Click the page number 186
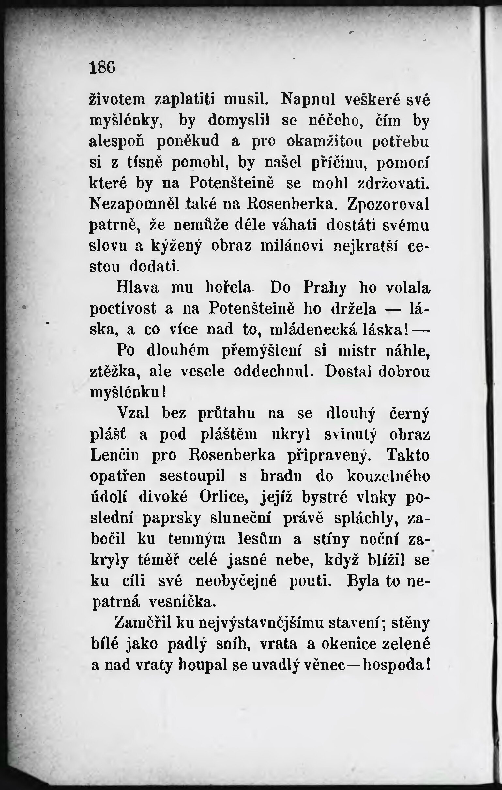pyautogui.click(x=102, y=68)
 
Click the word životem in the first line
pyautogui.click(x=117, y=99)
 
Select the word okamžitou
pyautogui.click(x=324, y=141)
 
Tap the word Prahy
pyautogui.click(x=325, y=288)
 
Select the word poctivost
pyautogui.click(x=123, y=309)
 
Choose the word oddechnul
pyautogui.click(x=272, y=372)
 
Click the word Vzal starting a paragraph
pyautogui.click(x=133, y=413)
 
